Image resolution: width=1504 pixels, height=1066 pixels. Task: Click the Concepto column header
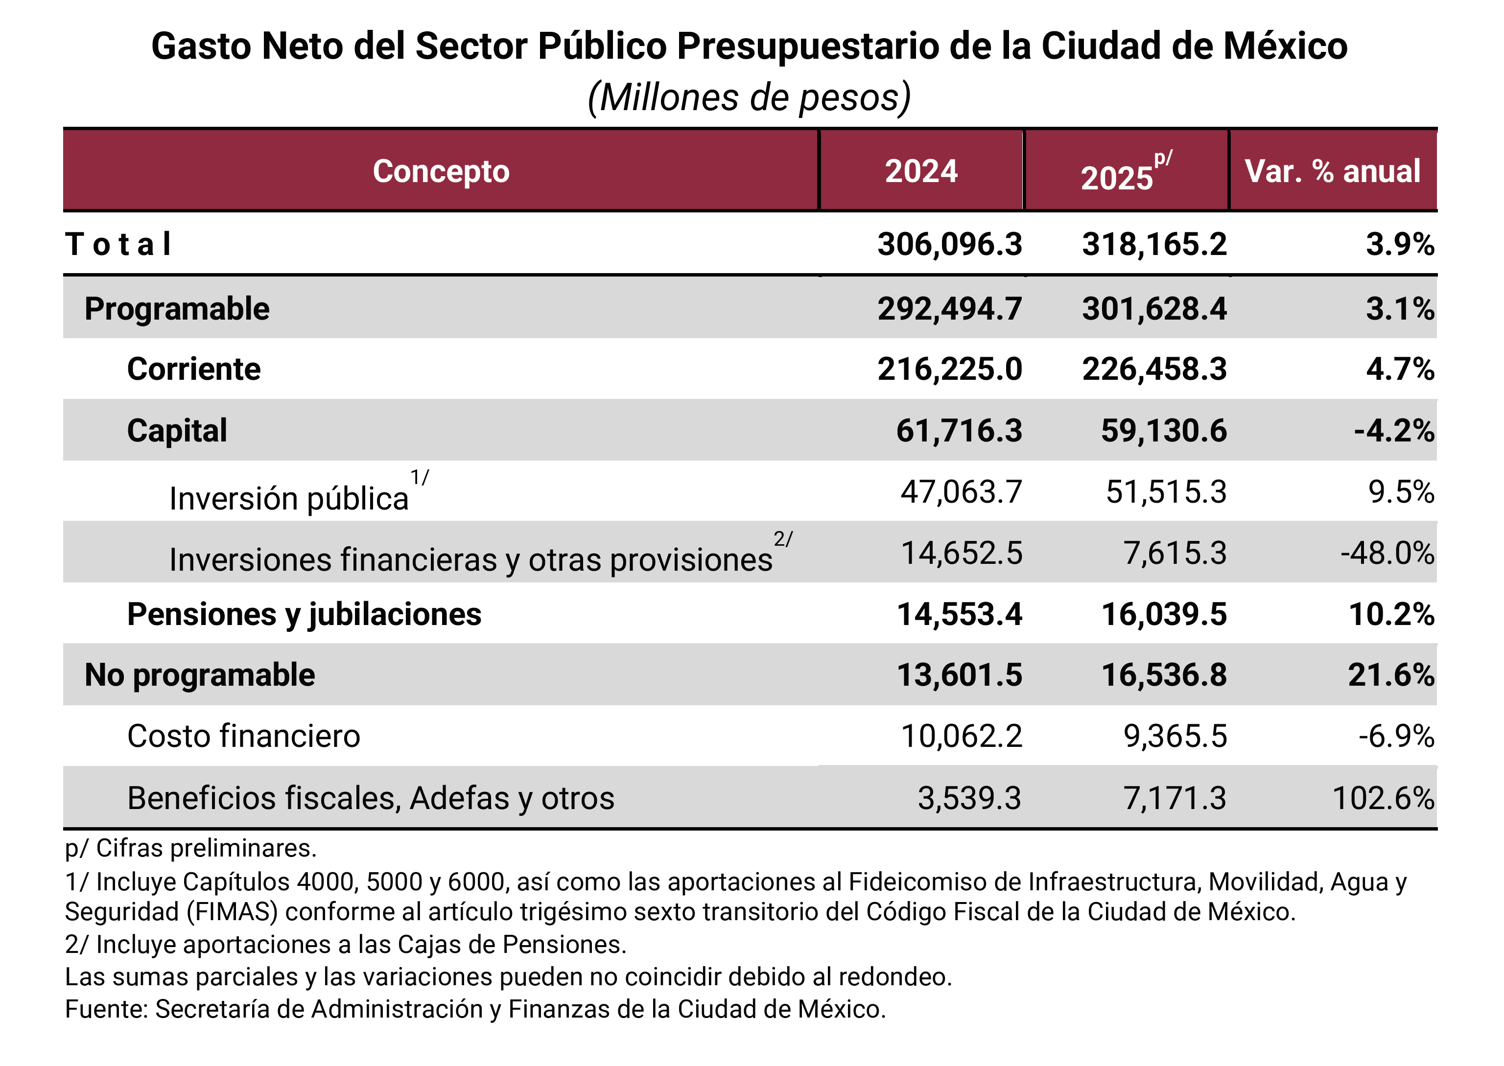441,171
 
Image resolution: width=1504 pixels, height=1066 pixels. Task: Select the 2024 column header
920,171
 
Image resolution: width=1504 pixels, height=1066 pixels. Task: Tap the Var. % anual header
1332,171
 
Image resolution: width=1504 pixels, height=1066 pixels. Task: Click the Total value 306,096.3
949,245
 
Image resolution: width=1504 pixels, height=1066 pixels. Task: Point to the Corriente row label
194,370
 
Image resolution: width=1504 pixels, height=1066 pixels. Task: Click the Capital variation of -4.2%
1393,431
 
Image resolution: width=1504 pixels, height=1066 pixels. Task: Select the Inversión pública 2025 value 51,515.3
1165,492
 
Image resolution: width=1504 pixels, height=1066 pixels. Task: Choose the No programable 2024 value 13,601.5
959,675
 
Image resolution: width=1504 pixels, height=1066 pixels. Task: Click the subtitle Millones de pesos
749,98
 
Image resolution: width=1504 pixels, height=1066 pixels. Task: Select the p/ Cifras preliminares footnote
190,848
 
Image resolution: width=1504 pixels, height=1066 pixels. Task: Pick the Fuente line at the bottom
474,1009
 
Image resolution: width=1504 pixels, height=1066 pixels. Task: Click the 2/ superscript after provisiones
782,539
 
